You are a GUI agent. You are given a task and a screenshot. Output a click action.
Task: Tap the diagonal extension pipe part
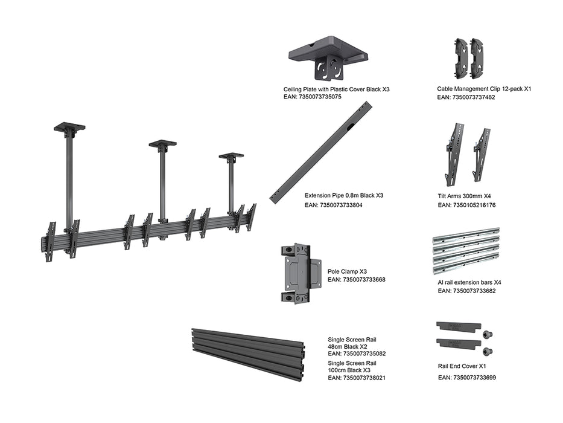[321, 152]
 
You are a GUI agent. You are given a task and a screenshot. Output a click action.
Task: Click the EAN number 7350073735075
[313, 97]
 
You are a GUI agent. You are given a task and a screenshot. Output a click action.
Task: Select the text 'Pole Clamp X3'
[347, 272]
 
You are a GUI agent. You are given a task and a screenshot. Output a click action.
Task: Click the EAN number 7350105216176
[466, 205]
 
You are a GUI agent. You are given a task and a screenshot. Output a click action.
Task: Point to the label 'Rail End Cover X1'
[462, 366]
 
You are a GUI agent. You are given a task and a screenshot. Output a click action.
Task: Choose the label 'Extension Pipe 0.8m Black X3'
[344, 196]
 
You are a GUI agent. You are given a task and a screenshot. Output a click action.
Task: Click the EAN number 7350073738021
[357, 378]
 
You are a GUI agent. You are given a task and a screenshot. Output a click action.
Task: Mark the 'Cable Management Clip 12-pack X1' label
[484, 89]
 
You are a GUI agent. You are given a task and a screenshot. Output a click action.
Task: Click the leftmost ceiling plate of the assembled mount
[69, 128]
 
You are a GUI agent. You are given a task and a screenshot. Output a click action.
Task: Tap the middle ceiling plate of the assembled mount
[162, 144]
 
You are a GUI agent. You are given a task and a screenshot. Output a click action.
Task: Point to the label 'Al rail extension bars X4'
[469, 282]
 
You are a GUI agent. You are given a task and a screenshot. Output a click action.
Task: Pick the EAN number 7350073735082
[357, 354]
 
